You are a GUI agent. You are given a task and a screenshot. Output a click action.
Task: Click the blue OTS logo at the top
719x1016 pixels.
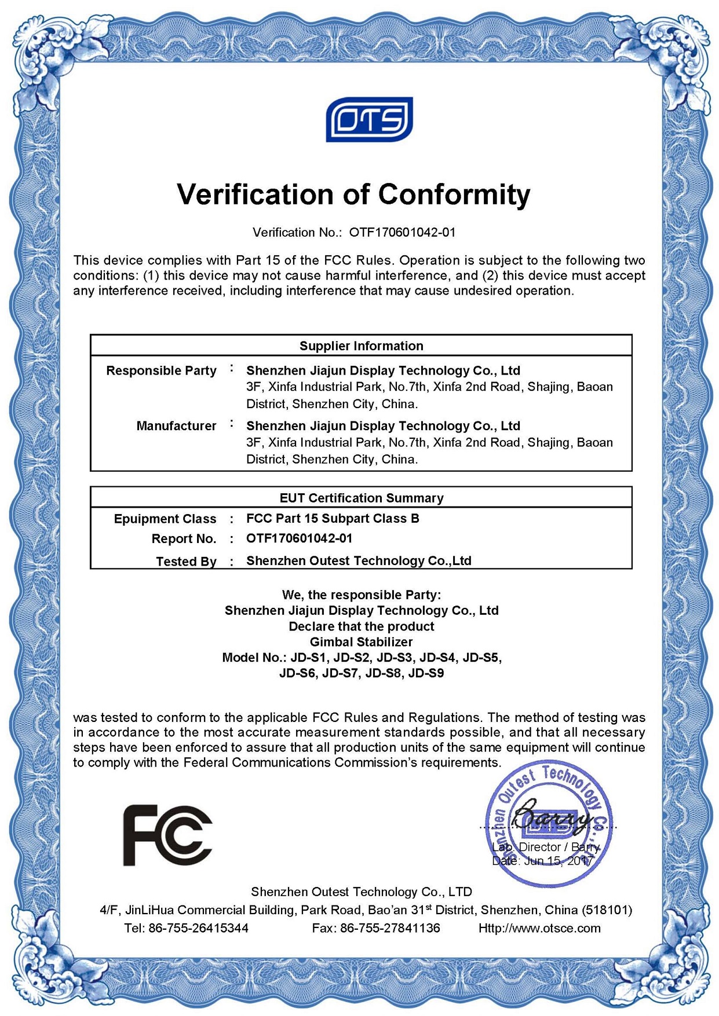point(369,119)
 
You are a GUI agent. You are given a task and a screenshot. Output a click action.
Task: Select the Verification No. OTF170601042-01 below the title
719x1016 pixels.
point(402,233)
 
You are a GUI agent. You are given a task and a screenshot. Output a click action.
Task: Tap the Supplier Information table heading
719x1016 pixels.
point(361,346)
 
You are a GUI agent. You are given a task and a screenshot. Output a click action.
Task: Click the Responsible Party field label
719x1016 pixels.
point(161,371)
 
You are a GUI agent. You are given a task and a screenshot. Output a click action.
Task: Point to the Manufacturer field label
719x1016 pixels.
point(176,426)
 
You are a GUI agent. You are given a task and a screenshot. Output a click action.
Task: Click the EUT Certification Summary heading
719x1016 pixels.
point(361,498)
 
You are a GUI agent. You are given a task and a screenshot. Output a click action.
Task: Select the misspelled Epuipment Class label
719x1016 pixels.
point(165,519)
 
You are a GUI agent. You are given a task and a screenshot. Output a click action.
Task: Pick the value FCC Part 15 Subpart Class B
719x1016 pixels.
point(333,519)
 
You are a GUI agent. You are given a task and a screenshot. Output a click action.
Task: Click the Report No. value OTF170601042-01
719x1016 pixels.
point(299,538)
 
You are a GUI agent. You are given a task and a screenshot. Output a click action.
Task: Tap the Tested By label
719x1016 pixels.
point(186,562)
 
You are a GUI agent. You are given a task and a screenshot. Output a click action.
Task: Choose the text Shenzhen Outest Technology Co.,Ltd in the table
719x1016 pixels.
point(359,561)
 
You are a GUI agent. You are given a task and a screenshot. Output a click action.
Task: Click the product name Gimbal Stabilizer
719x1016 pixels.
point(361,642)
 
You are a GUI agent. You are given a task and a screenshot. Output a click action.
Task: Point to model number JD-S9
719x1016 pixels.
point(426,673)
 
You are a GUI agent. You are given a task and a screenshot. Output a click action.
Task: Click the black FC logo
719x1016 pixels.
point(167,835)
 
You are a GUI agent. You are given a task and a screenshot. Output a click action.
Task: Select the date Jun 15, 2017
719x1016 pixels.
point(559,861)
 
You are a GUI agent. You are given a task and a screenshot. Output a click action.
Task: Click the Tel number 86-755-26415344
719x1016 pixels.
point(198,929)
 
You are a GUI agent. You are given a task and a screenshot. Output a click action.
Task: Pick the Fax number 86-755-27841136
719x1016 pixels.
point(390,929)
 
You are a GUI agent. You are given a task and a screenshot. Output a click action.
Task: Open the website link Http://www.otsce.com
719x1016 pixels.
point(539,929)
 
